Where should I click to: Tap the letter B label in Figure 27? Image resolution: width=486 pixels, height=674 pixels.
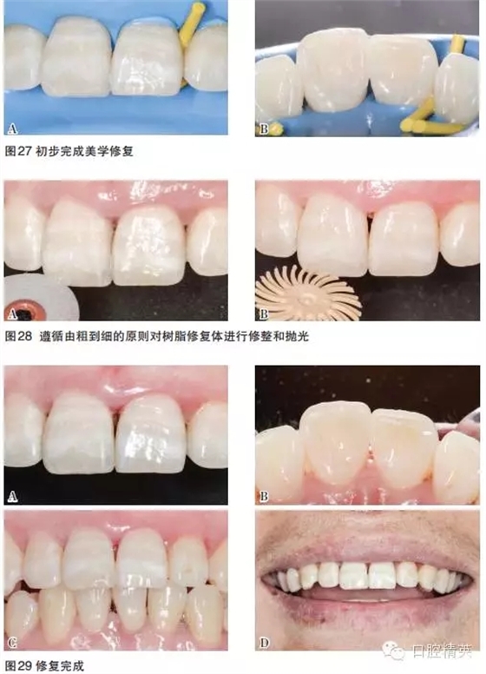pos(265,129)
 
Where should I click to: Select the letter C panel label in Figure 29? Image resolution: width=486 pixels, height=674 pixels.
pos(12,644)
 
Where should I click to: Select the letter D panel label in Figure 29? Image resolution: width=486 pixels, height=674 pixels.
pos(265,644)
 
